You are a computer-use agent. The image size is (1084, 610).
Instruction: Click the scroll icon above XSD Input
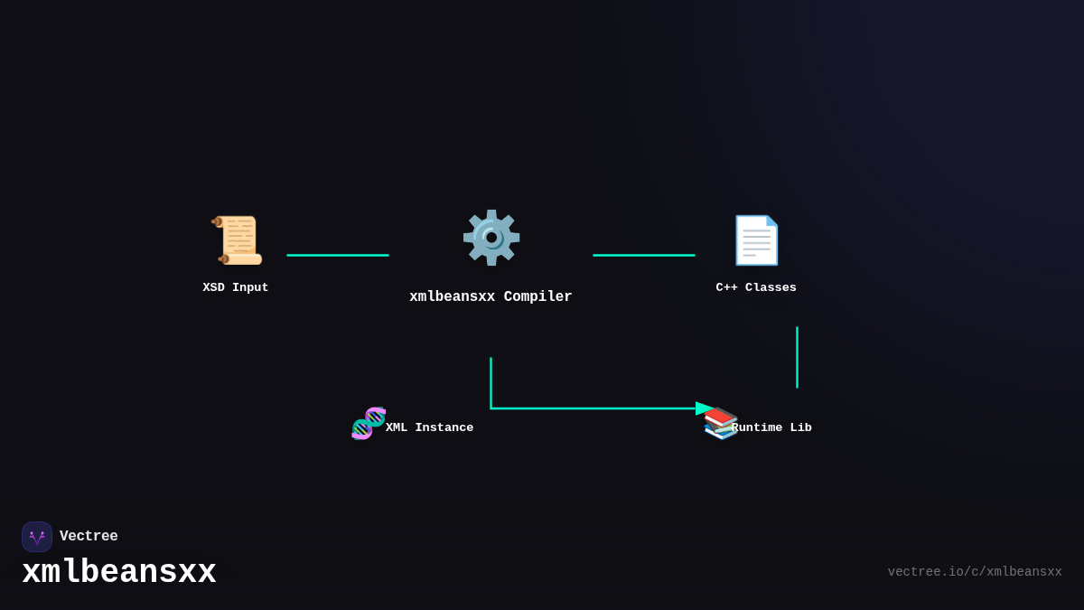[238, 240]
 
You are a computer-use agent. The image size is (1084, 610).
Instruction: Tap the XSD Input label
[236, 288]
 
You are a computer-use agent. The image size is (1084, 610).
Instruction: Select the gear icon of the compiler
[491, 238]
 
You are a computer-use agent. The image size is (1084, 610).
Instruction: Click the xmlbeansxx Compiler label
[491, 297]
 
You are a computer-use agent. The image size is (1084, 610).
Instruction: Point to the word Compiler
[537, 297]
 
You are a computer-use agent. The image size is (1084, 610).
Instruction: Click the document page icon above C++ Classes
[756, 240]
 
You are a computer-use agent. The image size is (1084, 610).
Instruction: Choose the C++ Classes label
[756, 288]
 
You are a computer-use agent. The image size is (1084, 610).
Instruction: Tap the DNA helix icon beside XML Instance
[369, 423]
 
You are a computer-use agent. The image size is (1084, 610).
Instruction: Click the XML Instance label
[429, 428]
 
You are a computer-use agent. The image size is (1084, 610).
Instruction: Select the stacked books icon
[720, 424]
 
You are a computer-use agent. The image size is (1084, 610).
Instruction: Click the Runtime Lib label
[771, 428]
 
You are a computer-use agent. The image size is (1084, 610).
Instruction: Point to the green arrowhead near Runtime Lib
[704, 408]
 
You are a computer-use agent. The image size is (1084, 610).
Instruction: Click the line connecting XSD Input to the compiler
[338, 256]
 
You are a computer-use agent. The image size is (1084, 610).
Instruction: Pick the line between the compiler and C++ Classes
[644, 256]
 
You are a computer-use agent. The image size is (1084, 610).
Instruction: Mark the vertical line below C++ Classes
[797, 357]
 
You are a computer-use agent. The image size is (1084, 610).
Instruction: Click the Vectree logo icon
[37, 537]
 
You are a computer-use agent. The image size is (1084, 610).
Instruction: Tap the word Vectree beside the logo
[89, 537]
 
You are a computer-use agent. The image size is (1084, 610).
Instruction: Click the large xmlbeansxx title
[119, 573]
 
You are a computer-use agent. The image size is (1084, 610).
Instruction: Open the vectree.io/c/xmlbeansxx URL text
[974, 572]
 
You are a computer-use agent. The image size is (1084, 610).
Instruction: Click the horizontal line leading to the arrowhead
[587, 408]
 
